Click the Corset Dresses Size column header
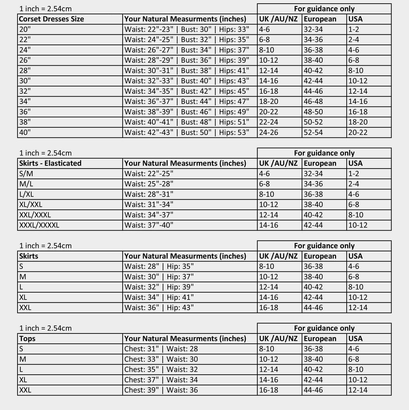(x=51, y=19)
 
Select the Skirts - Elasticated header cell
(x=50, y=163)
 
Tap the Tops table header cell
(x=27, y=338)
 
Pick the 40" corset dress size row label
(x=25, y=132)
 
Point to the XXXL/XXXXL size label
(x=39, y=225)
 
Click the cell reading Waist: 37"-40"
(x=149, y=225)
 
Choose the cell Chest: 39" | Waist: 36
(x=161, y=390)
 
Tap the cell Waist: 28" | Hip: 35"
(x=159, y=267)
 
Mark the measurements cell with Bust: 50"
(x=187, y=132)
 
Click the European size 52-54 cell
(x=313, y=132)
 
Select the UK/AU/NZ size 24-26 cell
(x=268, y=132)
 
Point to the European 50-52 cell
(x=313, y=122)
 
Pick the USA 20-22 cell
(x=358, y=132)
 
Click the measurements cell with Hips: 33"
(x=187, y=29)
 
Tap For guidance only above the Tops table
(x=324, y=328)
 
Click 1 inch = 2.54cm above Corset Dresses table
(x=46, y=9)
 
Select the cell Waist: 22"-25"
(x=149, y=173)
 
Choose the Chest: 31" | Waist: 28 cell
(x=161, y=349)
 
